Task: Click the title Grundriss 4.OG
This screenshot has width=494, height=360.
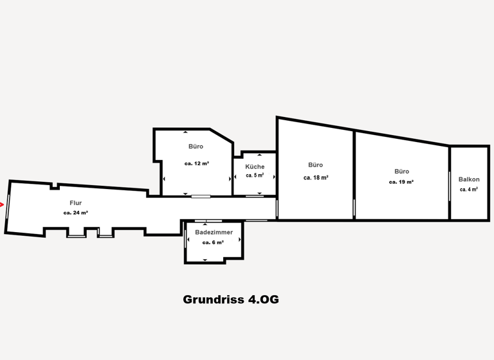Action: (230, 300)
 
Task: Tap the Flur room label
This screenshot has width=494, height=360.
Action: (76, 203)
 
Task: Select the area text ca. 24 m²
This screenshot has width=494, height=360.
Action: (76, 213)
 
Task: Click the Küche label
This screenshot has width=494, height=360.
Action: (255, 166)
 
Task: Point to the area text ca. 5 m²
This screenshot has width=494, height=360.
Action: (255, 175)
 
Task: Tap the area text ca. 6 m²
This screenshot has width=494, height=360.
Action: (213, 242)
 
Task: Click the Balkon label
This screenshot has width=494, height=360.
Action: (469, 179)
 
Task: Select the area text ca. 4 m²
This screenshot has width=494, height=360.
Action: (469, 190)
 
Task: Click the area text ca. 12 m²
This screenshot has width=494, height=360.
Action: (196, 163)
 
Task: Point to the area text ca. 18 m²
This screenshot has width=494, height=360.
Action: (316, 177)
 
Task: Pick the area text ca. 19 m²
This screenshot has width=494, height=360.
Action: (401, 182)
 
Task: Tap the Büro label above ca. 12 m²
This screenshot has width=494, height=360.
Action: (196, 147)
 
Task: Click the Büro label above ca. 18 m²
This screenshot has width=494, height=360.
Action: (316, 165)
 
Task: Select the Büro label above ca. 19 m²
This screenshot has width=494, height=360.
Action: (401, 172)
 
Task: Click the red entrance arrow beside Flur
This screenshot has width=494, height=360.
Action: (2, 205)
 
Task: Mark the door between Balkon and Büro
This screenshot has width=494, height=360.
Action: (449, 186)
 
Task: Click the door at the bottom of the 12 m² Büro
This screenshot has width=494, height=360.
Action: (201, 196)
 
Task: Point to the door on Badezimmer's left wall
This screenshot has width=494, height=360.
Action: (186, 239)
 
